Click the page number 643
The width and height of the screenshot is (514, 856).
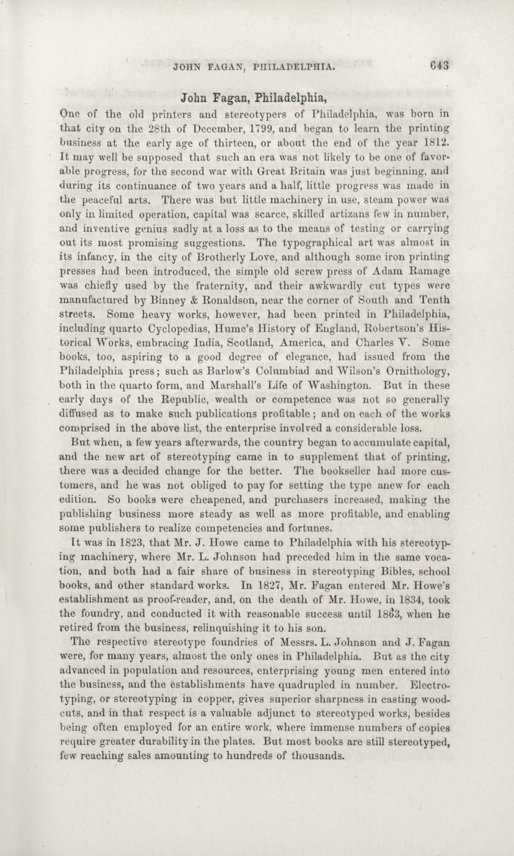click(x=437, y=63)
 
